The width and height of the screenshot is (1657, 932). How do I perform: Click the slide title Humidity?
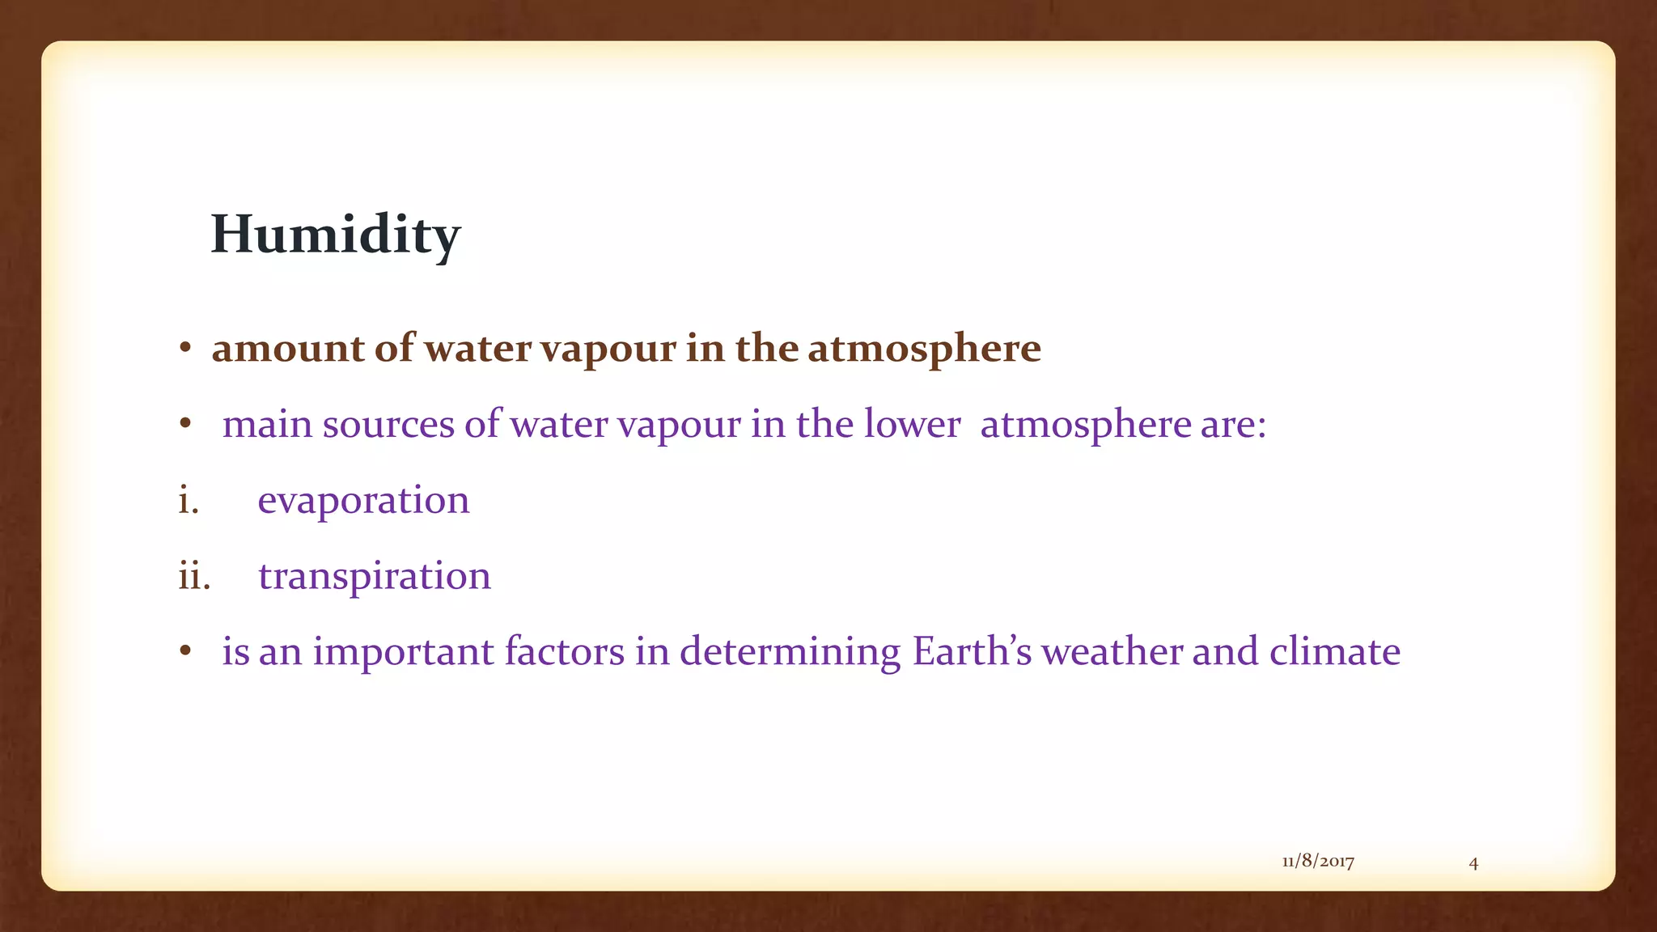click(335, 235)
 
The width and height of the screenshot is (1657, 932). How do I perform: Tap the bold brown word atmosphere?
click(924, 349)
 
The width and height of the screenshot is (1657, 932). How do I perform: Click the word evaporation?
click(363, 500)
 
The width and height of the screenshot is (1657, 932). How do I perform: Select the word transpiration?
click(375, 576)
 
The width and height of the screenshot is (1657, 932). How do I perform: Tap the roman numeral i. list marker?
click(189, 500)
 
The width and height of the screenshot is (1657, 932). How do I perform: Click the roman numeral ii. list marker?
click(194, 576)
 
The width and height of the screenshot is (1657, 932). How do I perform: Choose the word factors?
click(564, 652)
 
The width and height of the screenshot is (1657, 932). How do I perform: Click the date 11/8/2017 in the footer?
click(1318, 862)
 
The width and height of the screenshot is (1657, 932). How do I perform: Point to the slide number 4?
click(1473, 863)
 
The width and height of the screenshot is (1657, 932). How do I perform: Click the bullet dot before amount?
click(185, 349)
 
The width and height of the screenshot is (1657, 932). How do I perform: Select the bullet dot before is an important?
click(185, 652)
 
